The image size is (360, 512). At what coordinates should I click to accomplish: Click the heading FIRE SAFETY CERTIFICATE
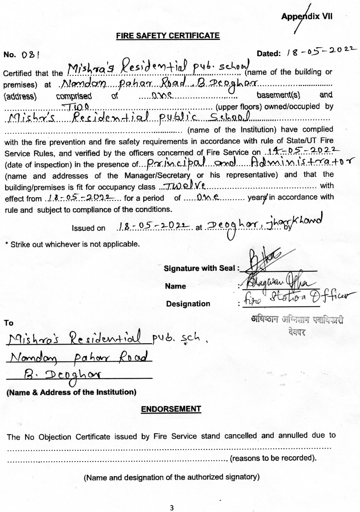168,36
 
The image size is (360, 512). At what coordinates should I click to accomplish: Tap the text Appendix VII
307,16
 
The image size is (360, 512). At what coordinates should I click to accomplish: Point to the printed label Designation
188,304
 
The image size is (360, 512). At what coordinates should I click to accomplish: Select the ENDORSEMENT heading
171,409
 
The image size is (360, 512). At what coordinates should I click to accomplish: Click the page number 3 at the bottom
172,508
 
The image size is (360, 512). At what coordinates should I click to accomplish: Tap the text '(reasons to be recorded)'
273,458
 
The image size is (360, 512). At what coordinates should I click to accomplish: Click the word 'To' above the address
8,323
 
